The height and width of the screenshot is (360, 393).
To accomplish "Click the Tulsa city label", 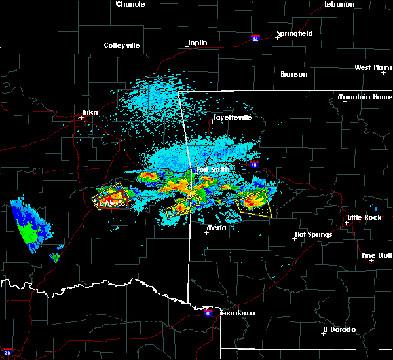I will [x=90, y=113].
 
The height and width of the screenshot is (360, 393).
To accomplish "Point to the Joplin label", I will [x=197, y=43].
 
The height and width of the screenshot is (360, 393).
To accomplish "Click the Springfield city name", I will [x=294, y=33].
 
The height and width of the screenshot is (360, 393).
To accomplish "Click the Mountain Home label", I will [x=365, y=97].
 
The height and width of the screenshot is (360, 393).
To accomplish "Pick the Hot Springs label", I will [x=313, y=234].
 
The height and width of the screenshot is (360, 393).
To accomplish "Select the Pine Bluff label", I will [x=377, y=255].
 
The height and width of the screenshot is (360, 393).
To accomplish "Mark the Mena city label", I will [x=216, y=228].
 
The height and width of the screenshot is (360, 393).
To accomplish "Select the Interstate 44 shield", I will [x=255, y=38].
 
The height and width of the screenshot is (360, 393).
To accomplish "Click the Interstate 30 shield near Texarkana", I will [x=208, y=314].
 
